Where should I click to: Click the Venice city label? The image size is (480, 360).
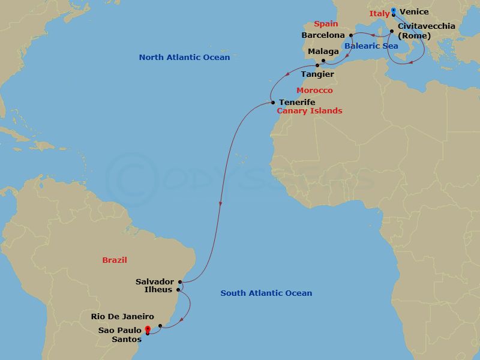click(x=414, y=12)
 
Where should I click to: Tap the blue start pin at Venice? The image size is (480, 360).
click(x=393, y=11)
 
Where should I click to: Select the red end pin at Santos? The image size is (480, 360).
click(x=148, y=329)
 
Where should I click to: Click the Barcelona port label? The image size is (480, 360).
click(x=323, y=35)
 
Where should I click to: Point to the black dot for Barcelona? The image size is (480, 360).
click(x=351, y=35)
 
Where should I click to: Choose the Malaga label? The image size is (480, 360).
click(x=323, y=52)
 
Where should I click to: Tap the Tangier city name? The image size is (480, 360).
click(x=317, y=74)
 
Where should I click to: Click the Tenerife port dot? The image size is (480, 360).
click(x=272, y=103)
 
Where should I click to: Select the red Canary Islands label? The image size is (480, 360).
click(x=309, y=111)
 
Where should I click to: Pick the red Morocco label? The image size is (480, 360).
click(x=314, y=90)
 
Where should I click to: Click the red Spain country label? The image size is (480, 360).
click(x=326, y=24)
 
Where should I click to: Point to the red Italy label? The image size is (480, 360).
click(x=379, y=13)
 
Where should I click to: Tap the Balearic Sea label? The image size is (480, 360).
click(x=371, y=46)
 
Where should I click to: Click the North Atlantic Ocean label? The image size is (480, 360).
click(x=184, y=58)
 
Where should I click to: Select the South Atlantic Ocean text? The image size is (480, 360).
click(x=266, y=293)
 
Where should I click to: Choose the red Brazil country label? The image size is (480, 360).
click(x=115, y=260)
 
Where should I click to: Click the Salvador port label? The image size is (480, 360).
click(x=154, y=281)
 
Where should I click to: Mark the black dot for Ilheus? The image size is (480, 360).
click(x=178, y=290)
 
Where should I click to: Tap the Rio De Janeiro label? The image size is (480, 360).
click(x=122, y=317)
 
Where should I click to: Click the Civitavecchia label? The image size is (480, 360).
click(x=427, y=26)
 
